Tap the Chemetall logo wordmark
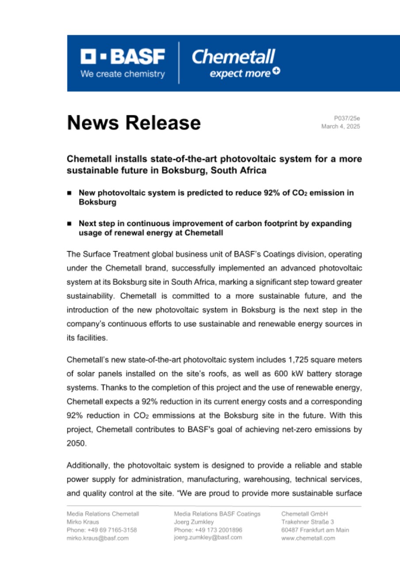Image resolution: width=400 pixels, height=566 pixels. click(233, 56)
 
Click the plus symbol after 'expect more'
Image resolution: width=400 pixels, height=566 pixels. click(276, 72)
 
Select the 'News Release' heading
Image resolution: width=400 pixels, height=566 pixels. click(133, 122)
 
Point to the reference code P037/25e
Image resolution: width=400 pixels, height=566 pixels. click(347, 118)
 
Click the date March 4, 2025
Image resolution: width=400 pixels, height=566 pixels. click(340, 126)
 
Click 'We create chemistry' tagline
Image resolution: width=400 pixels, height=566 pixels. click(122, 74)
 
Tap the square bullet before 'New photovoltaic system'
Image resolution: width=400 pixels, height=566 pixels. click(69, 193)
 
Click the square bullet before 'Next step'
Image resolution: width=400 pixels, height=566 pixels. click(69, 224)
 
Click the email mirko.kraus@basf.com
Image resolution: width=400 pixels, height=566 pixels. click(97, 538)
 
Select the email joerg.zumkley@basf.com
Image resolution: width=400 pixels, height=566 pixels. click(208, 537)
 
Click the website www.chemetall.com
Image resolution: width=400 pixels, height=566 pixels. click(308, 538)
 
